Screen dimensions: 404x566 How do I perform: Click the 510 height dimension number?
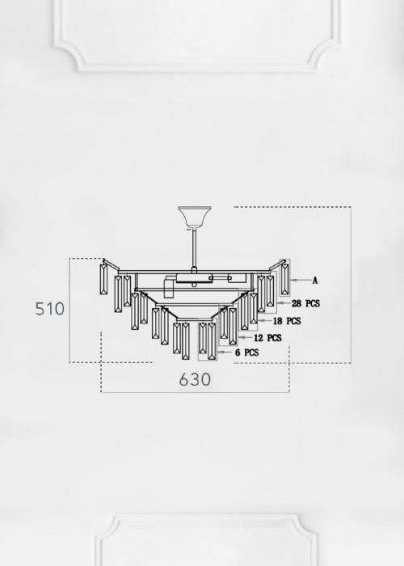[50, 309]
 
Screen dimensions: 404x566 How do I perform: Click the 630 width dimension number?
[195, 379]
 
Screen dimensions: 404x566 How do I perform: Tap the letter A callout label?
[315, 280]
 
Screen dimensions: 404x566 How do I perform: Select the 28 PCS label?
[305, 303]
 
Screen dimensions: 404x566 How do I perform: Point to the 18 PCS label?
[286, 320]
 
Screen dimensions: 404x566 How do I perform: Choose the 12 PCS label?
[267, 337]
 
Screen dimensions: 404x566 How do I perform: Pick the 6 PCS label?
[246, 353]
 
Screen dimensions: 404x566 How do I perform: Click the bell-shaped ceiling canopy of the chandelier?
[195, 217]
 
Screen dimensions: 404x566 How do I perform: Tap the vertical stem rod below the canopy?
[195, 248]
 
